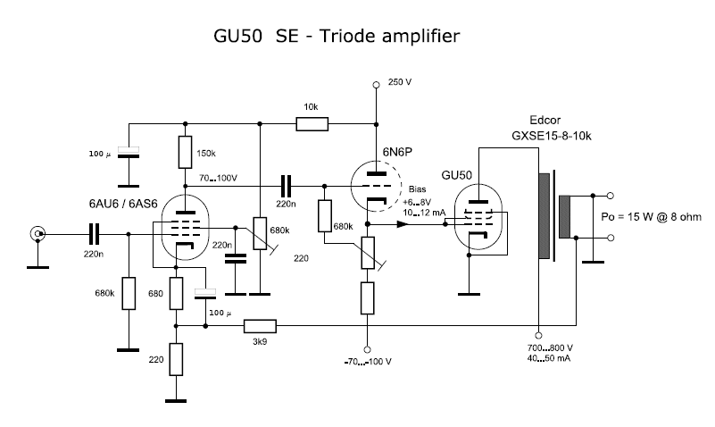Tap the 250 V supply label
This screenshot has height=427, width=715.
400,83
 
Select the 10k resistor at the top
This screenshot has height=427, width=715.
312,123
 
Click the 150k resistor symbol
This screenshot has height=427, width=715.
184,152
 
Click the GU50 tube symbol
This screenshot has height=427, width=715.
477,220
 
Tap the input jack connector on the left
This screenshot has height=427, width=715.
38,234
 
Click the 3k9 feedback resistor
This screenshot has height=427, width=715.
260,327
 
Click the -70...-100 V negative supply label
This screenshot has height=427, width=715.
366,363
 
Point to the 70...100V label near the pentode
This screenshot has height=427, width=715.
218,178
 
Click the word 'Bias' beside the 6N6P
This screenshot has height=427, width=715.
417,189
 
